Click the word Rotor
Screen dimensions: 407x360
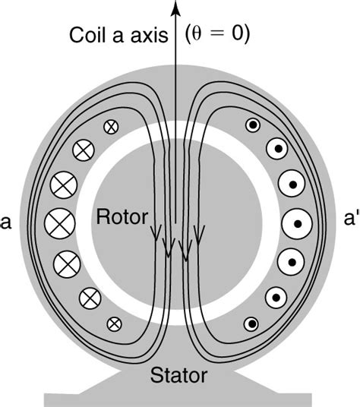pyautogui.click(x=118, y=217)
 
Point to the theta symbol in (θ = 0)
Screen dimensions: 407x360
pyautogui.click(x=199, y=33)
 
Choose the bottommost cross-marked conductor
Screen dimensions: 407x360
pyautogui.click(x=114, y=323)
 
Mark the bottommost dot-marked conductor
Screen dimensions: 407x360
pyautogui.click(x=251, y=324)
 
